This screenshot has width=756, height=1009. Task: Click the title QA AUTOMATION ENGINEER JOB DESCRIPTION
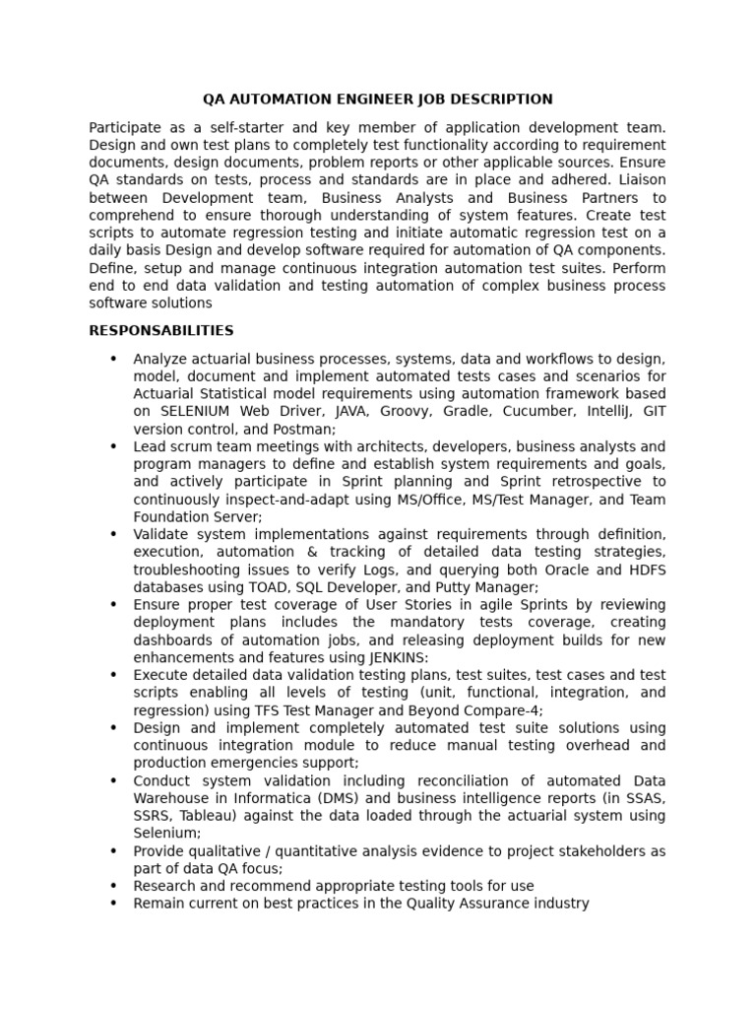click(x=377, y=100)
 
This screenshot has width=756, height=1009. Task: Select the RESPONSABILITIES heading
click(x=161, y=330)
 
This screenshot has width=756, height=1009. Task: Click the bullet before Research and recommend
click(x=113, y=886)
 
